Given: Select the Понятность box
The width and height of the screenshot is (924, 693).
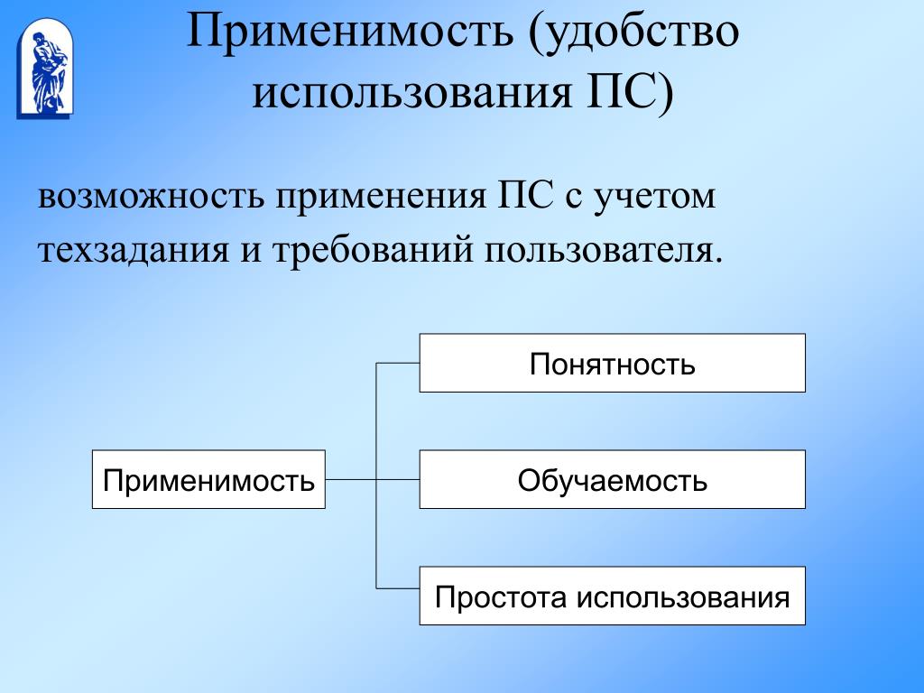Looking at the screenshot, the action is coord(612,363).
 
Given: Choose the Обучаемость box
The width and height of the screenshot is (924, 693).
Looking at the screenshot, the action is coord(612,479).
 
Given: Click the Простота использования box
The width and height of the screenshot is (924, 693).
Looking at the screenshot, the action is coord(612,596).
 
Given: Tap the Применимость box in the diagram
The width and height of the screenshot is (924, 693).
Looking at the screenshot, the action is coord(208,479).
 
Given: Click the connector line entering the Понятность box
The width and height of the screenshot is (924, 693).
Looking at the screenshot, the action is coord(398,363).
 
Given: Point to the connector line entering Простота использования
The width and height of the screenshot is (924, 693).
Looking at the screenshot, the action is coord(398,589).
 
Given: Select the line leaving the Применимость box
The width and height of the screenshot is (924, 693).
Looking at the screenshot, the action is coord(350,479).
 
